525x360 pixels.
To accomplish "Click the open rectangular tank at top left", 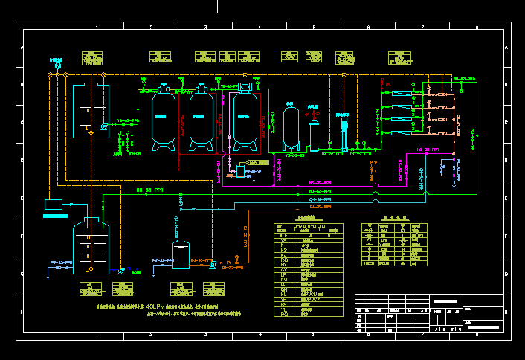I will point(90,112).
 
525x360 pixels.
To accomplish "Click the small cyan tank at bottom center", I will point(181,255).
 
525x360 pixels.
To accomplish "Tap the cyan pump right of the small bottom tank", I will point(213,263).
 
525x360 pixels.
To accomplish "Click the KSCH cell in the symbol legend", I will point(369,263).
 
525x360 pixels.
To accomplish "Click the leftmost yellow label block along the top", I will point(91,57).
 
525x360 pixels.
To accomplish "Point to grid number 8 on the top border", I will point(476,27).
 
